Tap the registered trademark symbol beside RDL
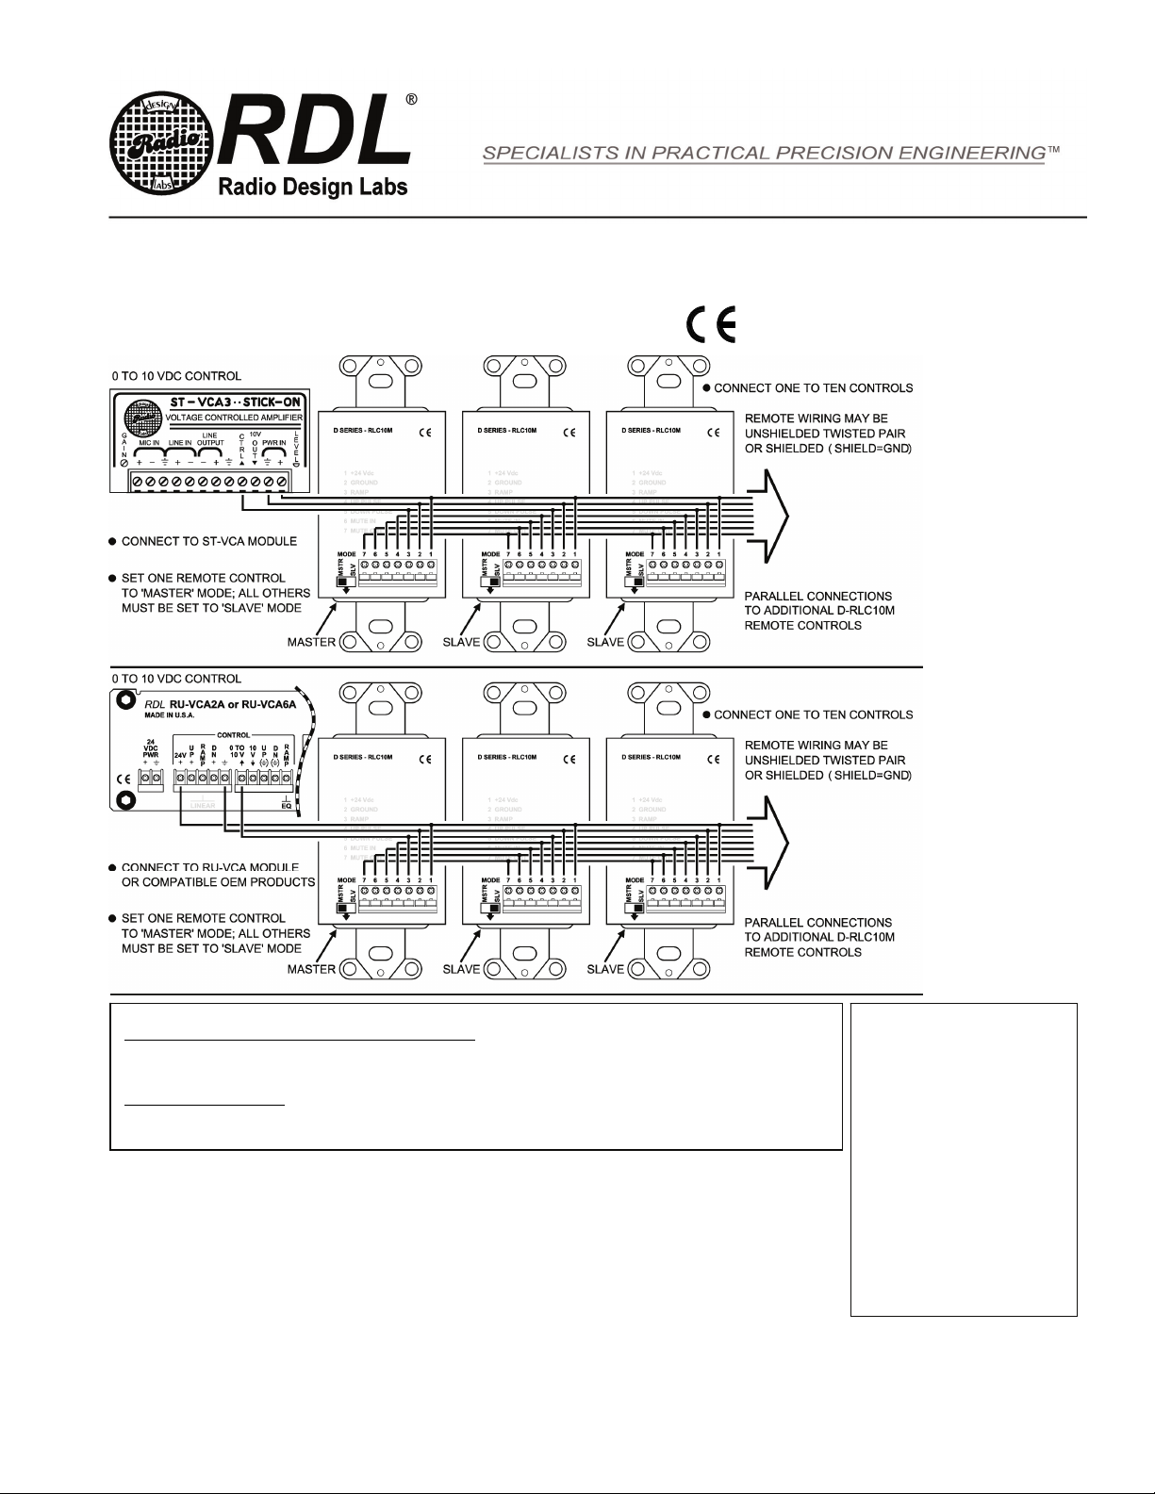[411, 101]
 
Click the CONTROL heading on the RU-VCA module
[233, 734]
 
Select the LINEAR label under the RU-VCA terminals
[204, 805]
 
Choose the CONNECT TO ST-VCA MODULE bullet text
[208, 541]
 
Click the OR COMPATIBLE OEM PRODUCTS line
[218, 882]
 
